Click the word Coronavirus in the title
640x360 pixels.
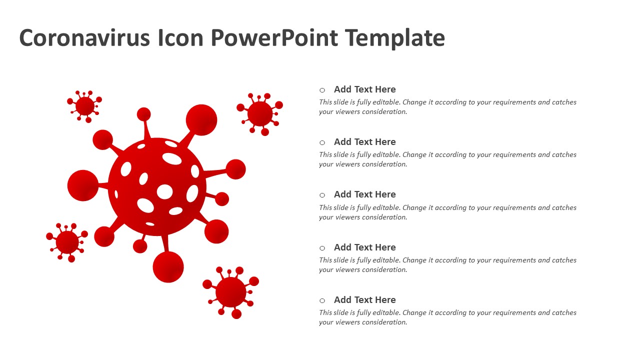pyautogui.click(x=84, y=37)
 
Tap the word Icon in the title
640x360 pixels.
pyautogui.click(x=180, y=37)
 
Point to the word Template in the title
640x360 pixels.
pyautogui.click(x=395, y=38)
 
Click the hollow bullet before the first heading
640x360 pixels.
pyautogui.click(x=322, y=90)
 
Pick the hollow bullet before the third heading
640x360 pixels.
pyautogui.click(x=322, y=195)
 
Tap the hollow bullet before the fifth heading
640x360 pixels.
pyautogui.click(x=322, y=300)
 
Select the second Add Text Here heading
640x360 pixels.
pyautogui.click(x=365, y=141)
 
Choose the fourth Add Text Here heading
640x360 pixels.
pyautogui.click(x=365, y=247)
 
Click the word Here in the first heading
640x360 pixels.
pyautogui.click(x=385, y=89)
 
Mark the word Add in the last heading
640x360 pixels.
pyautogui.click(x=343, y=299)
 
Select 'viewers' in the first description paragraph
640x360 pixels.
pyautogui.click(x=343, y=111)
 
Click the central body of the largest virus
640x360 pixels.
pyautogui.click(x=157, y=187)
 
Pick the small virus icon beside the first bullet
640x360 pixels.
pyautogui.click(x=260, y=114)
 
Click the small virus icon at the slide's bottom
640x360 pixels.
pyautogui.click(x=231, y=292)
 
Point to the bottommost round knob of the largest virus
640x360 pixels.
pyautogui.click(x=168, y=267)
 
